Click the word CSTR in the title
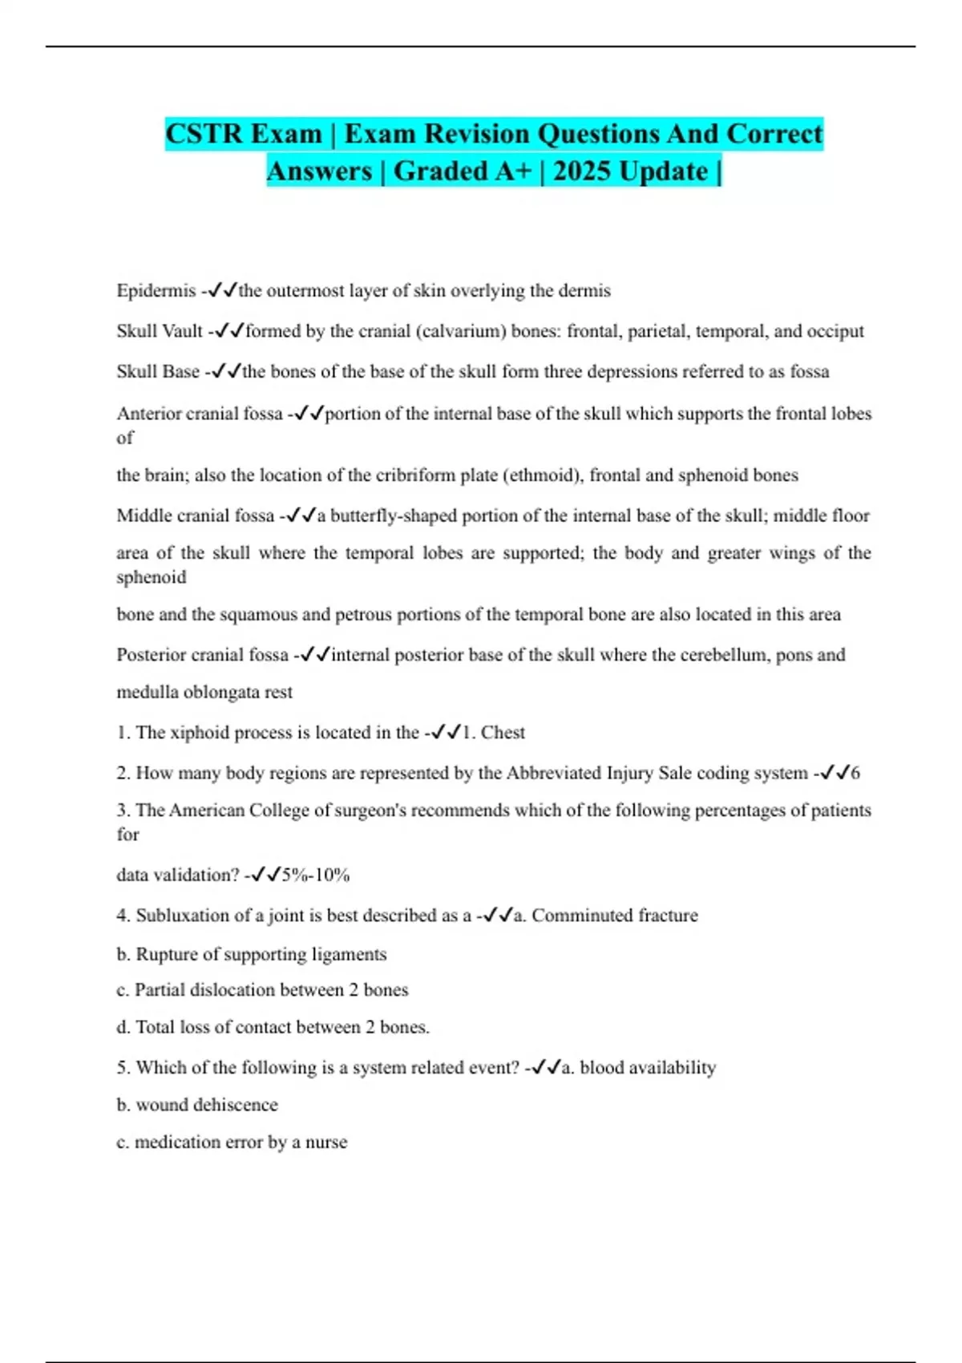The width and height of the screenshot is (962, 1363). [204, 133]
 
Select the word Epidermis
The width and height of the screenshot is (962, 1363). [156, 290]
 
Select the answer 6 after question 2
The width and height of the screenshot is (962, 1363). [855, 773]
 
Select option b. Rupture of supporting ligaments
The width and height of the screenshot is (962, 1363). [252, 954]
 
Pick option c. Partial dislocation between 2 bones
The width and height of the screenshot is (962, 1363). [262, 989]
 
